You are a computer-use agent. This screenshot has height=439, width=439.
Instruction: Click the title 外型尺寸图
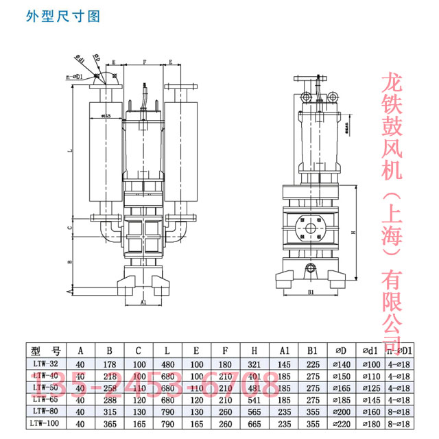62,16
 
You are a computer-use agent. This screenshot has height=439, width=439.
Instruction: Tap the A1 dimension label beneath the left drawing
143,302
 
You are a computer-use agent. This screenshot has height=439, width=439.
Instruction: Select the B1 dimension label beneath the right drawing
310,292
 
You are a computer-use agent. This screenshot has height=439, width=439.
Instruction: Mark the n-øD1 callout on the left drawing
75,78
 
